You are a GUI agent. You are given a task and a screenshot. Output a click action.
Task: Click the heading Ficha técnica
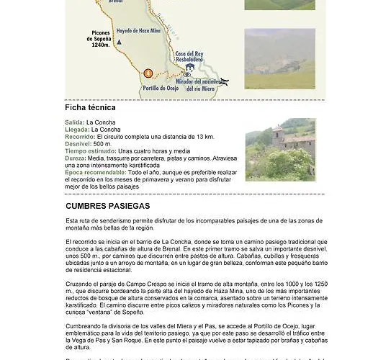(90, 107)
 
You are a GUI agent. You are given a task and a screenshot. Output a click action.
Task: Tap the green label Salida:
(74, 122)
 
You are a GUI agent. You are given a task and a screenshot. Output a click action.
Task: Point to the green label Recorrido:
(79, 137)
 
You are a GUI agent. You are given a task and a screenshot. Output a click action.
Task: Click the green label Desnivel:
(78, 144)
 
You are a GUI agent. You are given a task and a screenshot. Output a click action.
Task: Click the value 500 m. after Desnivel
(103, 144)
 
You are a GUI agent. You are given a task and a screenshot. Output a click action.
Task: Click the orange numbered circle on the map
(148, 73)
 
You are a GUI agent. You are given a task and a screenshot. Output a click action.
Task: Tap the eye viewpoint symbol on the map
(188, 73)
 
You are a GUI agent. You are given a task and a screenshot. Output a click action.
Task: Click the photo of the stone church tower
(279, 149)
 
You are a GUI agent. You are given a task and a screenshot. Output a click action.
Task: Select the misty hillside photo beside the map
(279, 58)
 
